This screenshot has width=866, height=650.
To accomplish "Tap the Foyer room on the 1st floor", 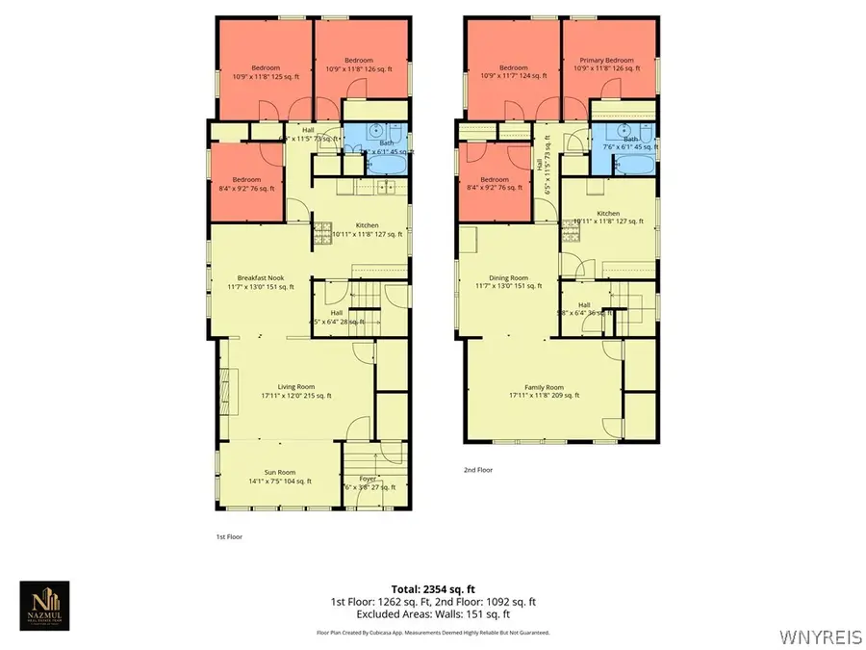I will coord(369,478).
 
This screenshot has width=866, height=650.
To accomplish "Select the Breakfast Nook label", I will coord(261,278).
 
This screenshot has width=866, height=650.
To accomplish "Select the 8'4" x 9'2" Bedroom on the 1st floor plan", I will coord(246,182).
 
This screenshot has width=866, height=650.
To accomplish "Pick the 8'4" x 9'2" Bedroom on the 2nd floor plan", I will coord(495,182).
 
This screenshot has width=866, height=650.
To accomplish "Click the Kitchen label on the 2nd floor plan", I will coord(608,214).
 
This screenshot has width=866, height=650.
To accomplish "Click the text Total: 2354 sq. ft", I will coord(433,588).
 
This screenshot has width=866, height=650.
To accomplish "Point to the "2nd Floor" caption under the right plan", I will coord(478,471).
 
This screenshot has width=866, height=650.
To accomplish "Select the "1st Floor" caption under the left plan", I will coord(229,536).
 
